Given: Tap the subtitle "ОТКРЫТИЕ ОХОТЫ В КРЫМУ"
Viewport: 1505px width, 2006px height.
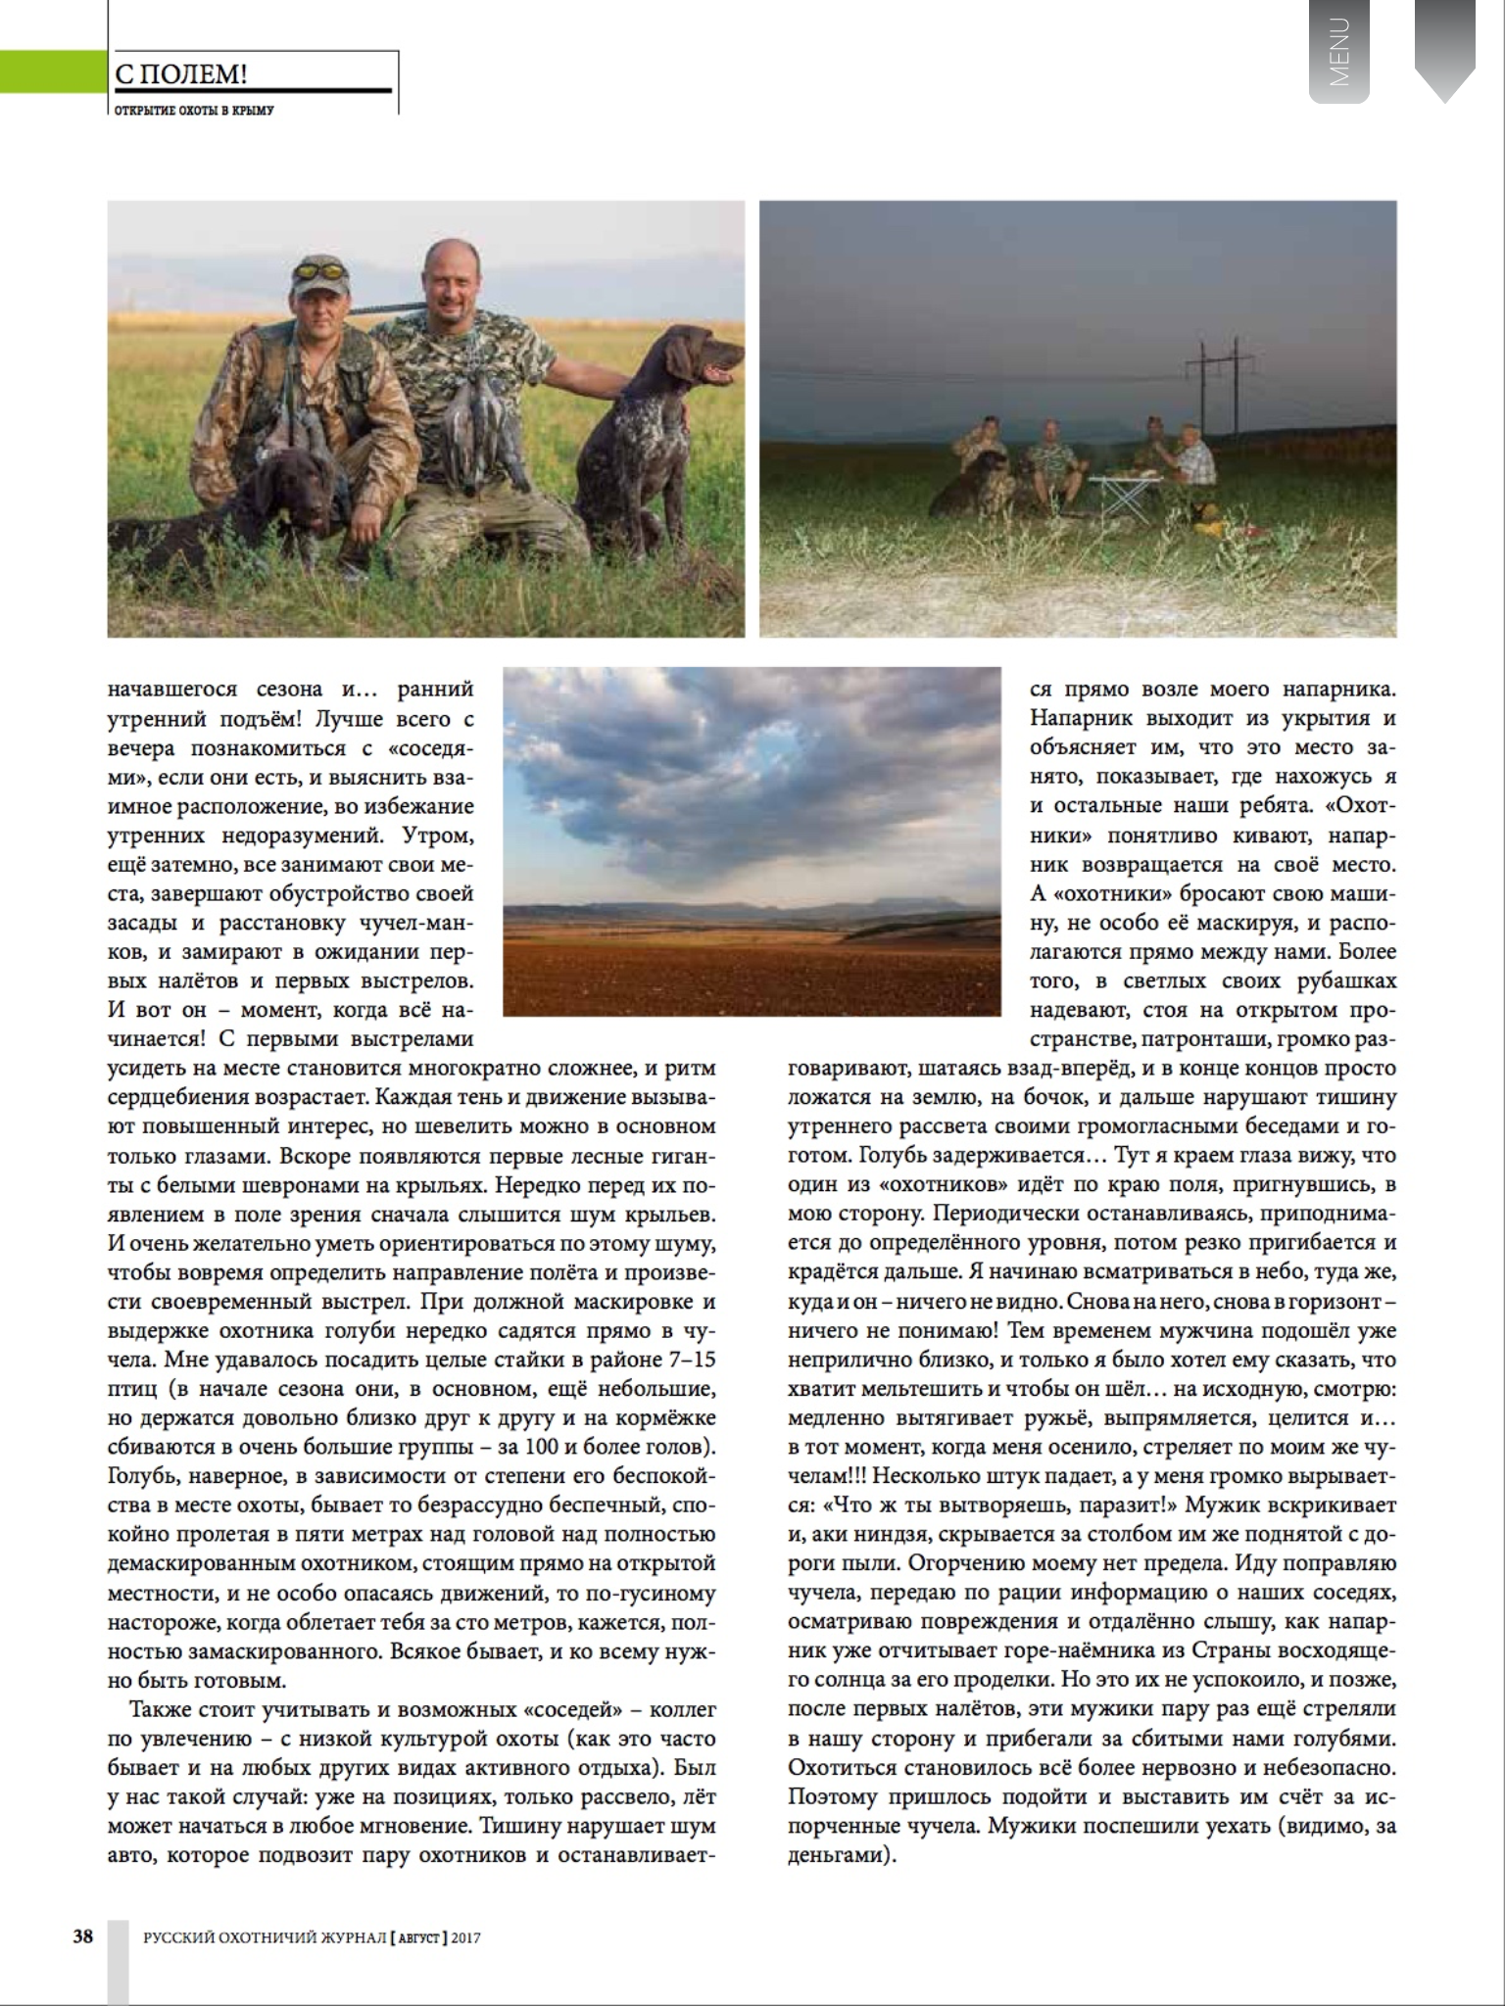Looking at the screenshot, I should [194, 111].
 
